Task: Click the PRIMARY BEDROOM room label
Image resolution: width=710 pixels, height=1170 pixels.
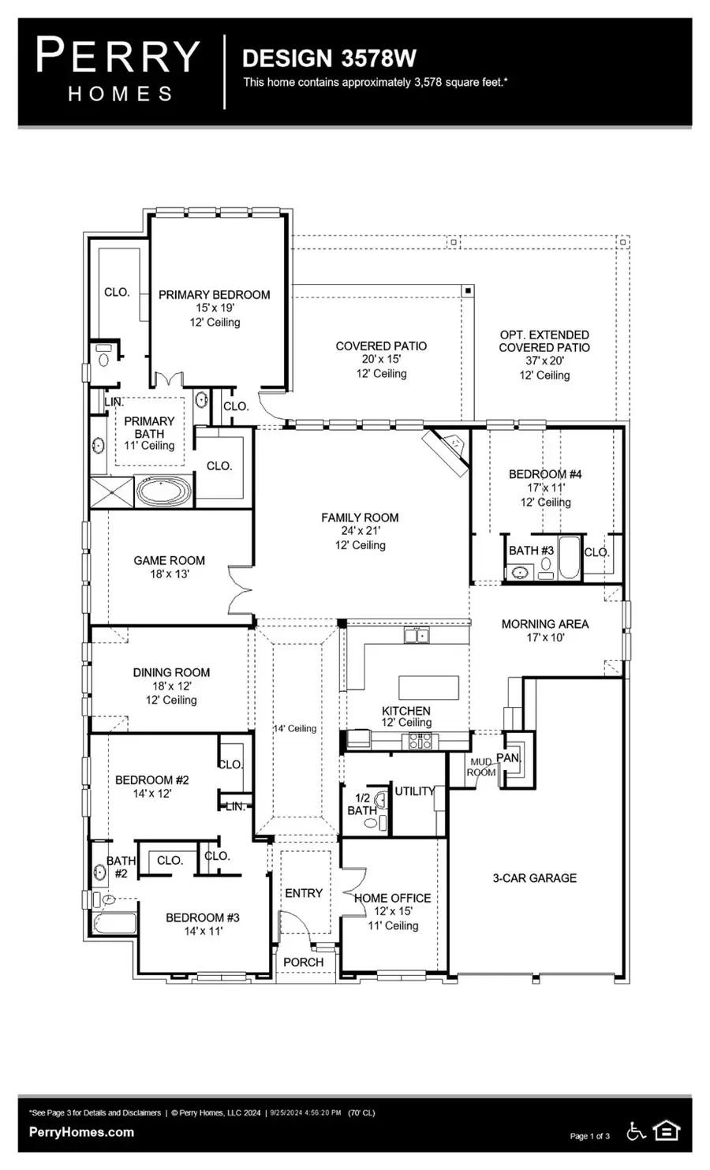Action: point(214,295)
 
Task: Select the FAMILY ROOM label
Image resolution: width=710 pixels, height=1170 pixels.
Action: point(360,518)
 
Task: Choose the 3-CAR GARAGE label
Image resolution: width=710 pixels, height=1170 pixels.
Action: point(534,877)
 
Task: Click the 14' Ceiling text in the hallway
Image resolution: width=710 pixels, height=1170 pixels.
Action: point(295,728)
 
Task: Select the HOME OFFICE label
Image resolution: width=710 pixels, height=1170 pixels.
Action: point(392,898)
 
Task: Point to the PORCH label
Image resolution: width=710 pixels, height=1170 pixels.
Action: point(303,962)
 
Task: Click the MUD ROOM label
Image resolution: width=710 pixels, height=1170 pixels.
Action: point(481,767)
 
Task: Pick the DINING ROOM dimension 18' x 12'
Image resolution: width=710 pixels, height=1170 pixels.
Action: point(171,686)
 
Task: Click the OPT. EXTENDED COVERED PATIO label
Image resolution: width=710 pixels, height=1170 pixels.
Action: point(544,341)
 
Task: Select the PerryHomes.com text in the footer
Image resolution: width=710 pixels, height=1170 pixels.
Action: point(81,1132)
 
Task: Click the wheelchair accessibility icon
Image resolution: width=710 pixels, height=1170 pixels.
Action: point(636,1131)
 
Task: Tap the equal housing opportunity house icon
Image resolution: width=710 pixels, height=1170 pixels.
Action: point(667,1131)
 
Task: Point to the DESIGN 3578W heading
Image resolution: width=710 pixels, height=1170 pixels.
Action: point(329,58)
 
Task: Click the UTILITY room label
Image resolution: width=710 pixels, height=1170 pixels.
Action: point(414,791)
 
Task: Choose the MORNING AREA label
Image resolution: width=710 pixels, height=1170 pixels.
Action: point(544,624)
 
